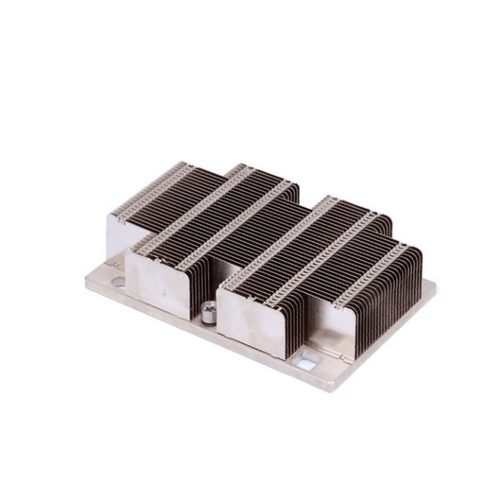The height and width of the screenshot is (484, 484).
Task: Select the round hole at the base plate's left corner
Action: [114, 281]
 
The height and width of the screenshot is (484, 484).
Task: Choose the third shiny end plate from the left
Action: [248, 318]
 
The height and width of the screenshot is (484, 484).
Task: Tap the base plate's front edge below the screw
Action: [203, 333]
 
